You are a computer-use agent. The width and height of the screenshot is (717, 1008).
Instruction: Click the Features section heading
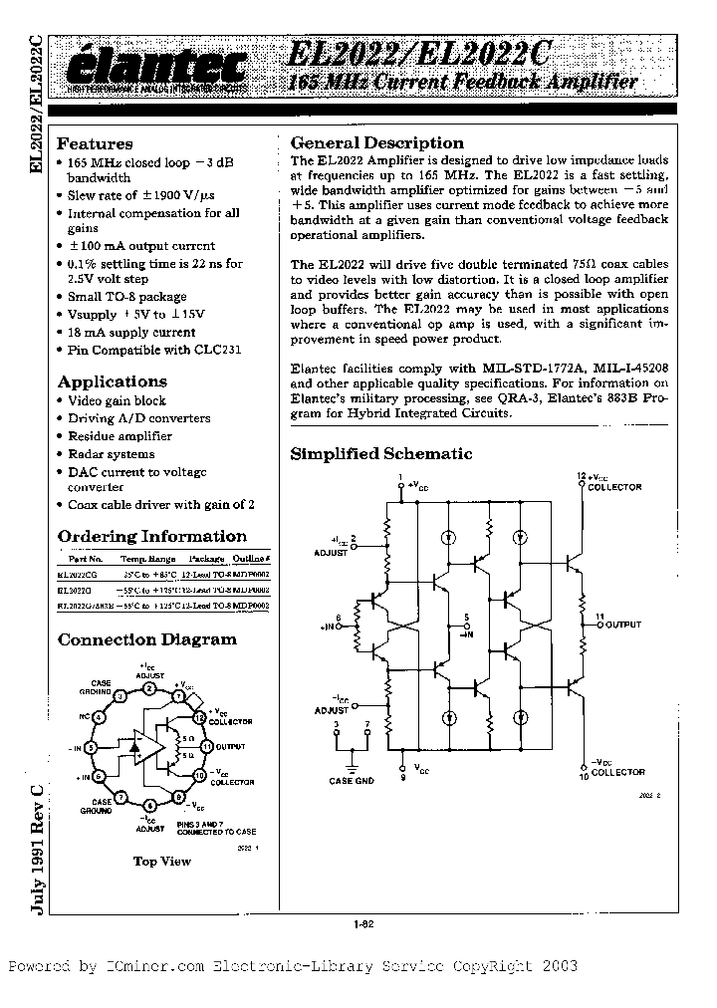(x=95, y=144)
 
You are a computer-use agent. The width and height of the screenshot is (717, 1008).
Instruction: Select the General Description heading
(x=376, y=143)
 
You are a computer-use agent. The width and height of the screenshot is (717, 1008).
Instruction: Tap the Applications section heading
(x=113, y=381)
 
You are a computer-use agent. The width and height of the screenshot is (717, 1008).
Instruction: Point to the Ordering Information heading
(x=152, y=536)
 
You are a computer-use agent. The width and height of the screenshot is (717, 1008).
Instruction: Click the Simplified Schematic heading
(x=380, y=454)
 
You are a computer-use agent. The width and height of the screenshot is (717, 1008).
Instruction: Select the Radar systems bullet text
(x=111, y=454)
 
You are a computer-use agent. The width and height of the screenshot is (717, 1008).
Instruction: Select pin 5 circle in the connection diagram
(x=91, y=747)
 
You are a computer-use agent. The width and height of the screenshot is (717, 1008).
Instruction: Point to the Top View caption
(x=162, y=861)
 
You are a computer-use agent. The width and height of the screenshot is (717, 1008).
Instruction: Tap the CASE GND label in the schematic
(x=351, y=782)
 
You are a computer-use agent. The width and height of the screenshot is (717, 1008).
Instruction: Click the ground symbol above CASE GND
(x=351, y=765)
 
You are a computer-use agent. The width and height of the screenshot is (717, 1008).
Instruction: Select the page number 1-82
(x=362, y=925)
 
